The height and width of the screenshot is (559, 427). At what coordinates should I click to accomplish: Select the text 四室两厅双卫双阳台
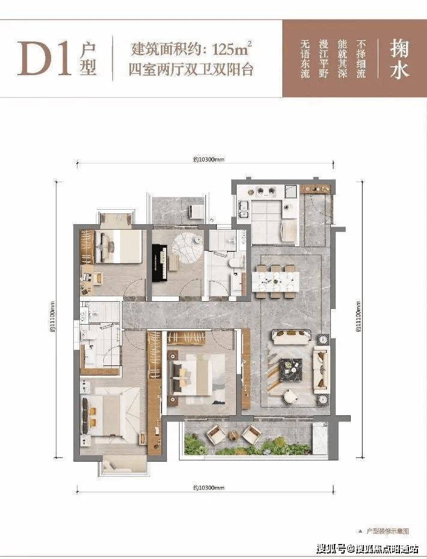click(190, 70)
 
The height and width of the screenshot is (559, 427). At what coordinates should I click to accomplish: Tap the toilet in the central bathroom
click(236, 262)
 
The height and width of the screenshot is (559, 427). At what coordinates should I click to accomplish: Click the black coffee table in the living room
click(293, 365)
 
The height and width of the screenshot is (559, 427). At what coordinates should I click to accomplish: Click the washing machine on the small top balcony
click(196, 211)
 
